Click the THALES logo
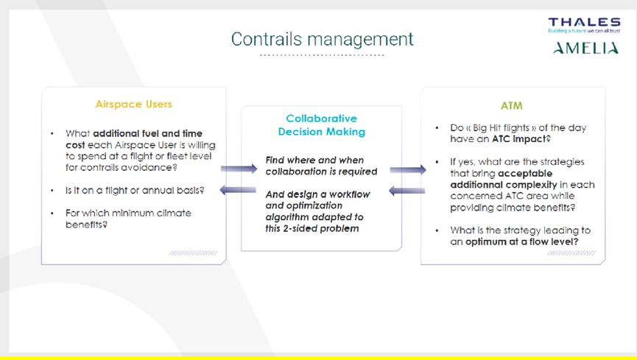pos(584,25)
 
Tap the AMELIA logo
pos(585,49)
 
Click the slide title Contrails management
pos(322,40)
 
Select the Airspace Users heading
pos(133,105)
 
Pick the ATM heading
pos(512,105)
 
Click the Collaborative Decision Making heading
pos(321,125)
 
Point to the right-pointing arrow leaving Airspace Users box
pos(239,168)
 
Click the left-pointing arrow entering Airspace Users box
pos(238,190)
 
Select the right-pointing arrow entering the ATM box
pos(408,169)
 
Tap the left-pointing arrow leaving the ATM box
pos(407,191)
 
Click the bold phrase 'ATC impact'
pos(519,139)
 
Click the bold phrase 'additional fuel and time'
pos(147,133)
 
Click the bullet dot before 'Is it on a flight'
pos(52,190)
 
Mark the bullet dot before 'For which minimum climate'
pos(52,213)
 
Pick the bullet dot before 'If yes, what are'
pos(437,162)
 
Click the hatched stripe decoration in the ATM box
pos(571,253)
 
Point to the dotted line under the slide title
pos(322,55)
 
